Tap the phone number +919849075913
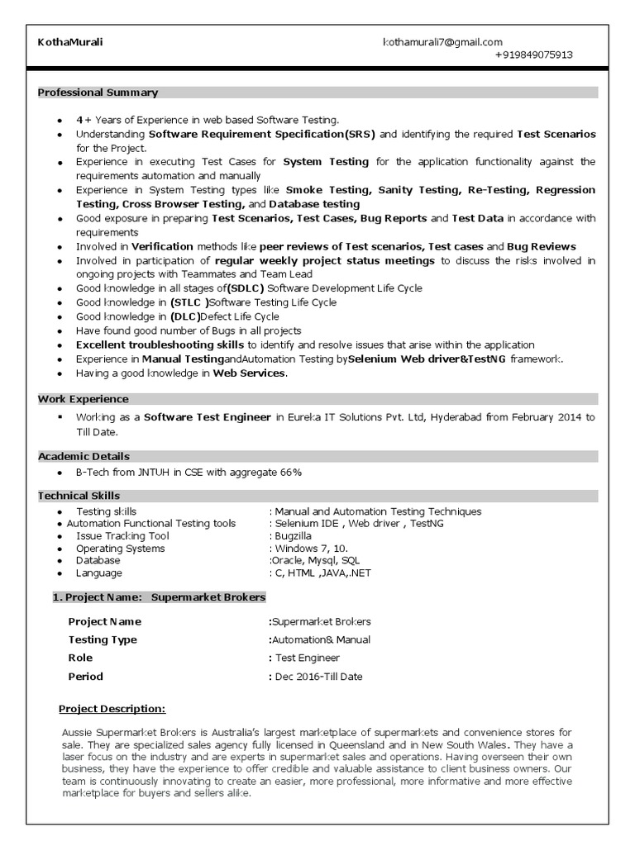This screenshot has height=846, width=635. click(x=533, y=55)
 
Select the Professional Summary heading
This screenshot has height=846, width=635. click(x=98, y=93)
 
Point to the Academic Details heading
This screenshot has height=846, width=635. click(x=84, y=456)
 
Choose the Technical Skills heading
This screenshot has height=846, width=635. click(x=79, y=496)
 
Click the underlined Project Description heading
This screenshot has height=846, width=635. click(x=112, y=709)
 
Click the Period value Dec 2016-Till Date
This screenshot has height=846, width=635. click(x=318, y=677)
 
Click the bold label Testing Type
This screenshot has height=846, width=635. click(x=103, y=640)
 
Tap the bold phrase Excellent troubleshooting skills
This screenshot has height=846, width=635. click(x=160, y=345)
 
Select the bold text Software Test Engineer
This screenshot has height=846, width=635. click(x=208, y=417)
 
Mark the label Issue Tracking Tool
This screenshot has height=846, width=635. click(x=122, y=536)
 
